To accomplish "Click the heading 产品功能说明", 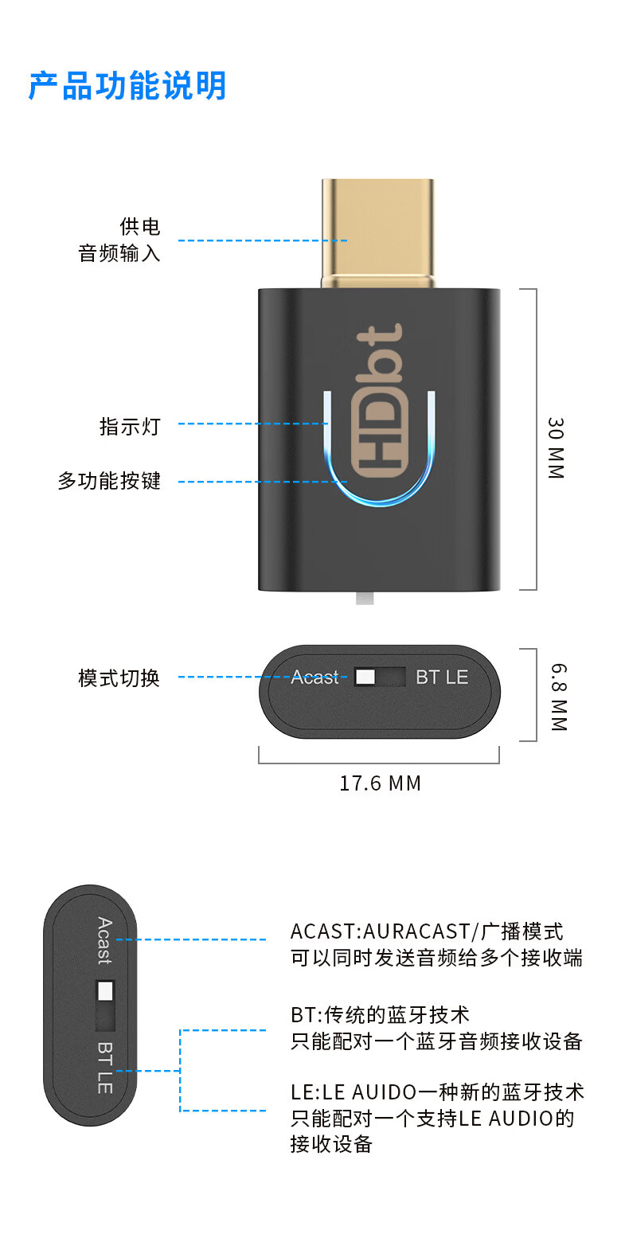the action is coord(127,86).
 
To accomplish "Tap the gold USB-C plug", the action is coord(378,231).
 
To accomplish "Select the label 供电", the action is coord(140,227).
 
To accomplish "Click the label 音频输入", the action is coord(119,254).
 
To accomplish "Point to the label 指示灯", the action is coord(130,427).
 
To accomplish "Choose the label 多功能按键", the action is coord(109,481).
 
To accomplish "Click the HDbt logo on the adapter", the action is coord(381,410).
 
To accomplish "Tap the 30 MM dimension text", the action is coord(556,448).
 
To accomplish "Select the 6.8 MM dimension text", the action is coord(557,697).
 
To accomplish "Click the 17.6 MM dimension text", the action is coord(380,783).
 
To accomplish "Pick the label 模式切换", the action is coord(119,678).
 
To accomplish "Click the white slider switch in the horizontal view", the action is coord(365,678).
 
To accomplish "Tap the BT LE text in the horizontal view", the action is coord(442,678).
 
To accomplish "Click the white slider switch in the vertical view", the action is coord(105,991).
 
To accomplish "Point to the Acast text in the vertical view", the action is coord(104,940).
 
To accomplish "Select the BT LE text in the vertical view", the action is coord(104,1067).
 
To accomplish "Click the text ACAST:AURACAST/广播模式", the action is coord(427,931).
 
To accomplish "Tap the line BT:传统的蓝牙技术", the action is coord(380,1015).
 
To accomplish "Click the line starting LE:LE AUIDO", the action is coord(437,1091).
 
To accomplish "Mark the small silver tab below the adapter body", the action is coord(365,598).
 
